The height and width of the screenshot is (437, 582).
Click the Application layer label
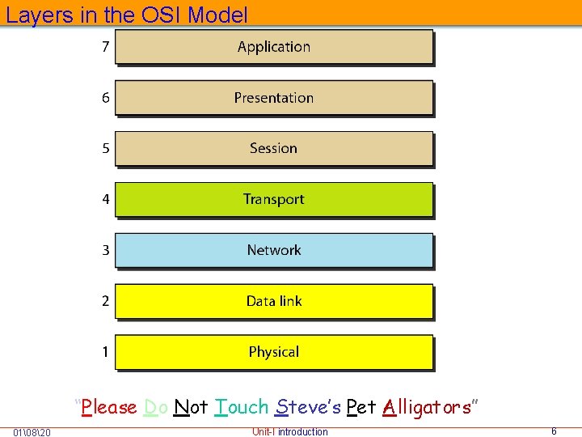(273, 47)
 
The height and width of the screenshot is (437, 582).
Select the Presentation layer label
(273, 98)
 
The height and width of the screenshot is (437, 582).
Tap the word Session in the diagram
(273, 149)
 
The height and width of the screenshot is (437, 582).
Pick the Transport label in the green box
(273, 199)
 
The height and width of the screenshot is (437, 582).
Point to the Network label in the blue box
(273, 250)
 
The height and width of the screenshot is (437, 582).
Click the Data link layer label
(273, 301)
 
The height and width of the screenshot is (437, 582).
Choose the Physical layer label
(273, 352)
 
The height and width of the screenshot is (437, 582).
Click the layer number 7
(105, 47)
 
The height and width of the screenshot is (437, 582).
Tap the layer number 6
(105, 98)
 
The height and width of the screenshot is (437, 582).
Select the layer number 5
(105, 149)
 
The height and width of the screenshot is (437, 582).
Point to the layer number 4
(105, 199)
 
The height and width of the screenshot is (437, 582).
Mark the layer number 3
(105, 250)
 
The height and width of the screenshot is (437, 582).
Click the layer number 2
(105, 301)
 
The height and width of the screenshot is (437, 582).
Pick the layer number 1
(105, 352)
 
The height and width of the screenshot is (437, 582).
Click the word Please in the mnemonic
(110, 407)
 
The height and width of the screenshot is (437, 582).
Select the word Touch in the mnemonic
(242, 407)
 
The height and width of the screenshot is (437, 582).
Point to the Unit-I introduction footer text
(289, 431)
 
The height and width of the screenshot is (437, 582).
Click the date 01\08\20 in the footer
(33, 432)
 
